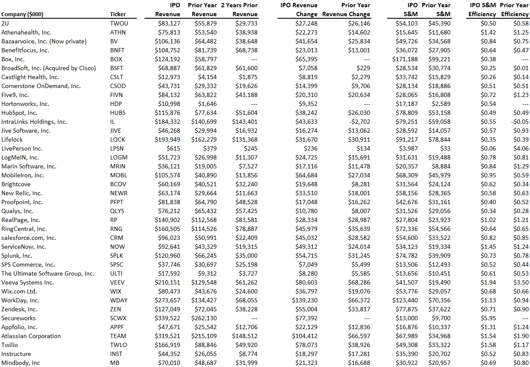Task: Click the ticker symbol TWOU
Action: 119,23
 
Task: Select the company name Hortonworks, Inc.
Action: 25,104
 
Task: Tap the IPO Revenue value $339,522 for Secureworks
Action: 167,318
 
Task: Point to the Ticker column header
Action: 118,14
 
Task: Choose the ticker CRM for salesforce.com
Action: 116,238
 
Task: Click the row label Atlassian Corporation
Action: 31,336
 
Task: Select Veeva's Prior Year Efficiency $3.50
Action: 521,282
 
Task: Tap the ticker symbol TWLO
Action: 118,345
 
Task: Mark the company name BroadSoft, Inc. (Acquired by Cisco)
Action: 48,68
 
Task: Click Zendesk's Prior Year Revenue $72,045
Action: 205,309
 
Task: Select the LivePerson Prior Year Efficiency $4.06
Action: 521,148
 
